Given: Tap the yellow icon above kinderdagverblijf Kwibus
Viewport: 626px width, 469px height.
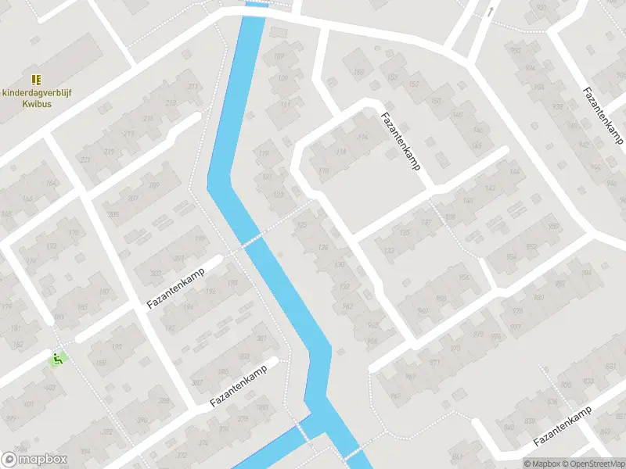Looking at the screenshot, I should (35, 80).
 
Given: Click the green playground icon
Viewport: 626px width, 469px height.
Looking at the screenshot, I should (56, 360).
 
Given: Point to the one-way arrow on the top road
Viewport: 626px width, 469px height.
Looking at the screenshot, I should (491, 11).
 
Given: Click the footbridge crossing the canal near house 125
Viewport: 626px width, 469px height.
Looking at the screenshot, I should (252, 242).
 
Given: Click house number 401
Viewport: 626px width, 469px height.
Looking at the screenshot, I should (29, 405).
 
